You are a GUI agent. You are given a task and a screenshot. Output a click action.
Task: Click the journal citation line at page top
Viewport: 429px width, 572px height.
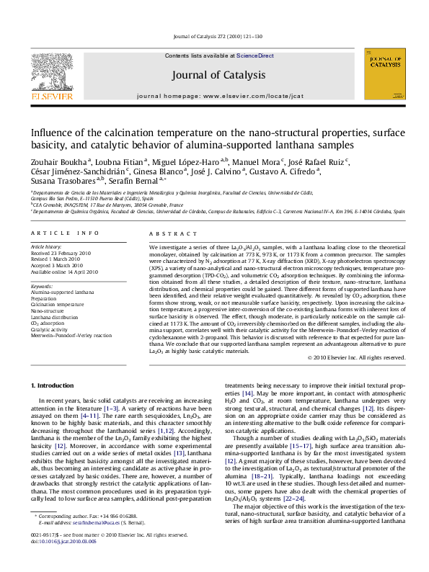tap(214, 36)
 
